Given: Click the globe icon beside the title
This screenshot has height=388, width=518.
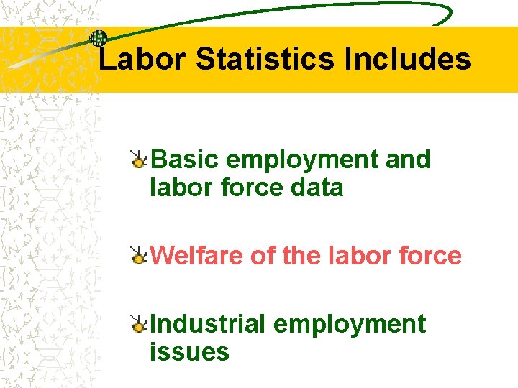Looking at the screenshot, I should (x=99, y=38).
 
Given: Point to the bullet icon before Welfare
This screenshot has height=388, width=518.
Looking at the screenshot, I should (x=138, y=255).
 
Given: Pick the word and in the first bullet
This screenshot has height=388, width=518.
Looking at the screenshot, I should (x=408, y=160).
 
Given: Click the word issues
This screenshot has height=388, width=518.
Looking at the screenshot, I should (x=189, y=352).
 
